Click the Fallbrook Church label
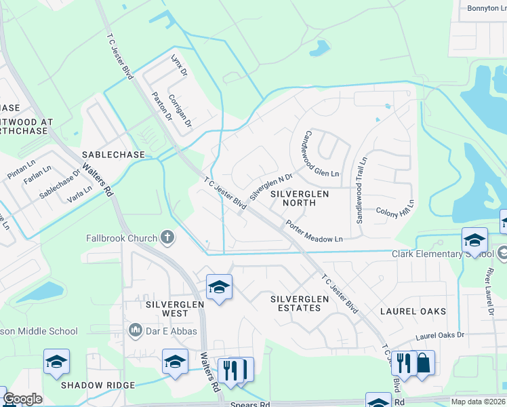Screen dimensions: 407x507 pos(121,238)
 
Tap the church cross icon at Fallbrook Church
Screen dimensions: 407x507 pos(167,237)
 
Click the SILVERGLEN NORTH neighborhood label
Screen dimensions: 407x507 pos(299,198)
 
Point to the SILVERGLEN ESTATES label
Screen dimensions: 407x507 pos(295,303)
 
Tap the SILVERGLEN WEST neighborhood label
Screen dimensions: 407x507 pos(166,309)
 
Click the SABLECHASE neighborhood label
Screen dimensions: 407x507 pos(113,155)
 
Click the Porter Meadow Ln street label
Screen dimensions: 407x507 pos(313,231)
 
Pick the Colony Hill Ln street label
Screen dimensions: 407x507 pos(395,207)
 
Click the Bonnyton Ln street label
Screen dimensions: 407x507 pos(487,8)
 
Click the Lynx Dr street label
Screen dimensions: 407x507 pos(178,64)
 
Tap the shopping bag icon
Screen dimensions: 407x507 pos(423,363)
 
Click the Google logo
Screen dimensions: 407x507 pos(22,399)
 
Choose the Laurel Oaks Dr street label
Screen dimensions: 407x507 pos(440,335)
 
